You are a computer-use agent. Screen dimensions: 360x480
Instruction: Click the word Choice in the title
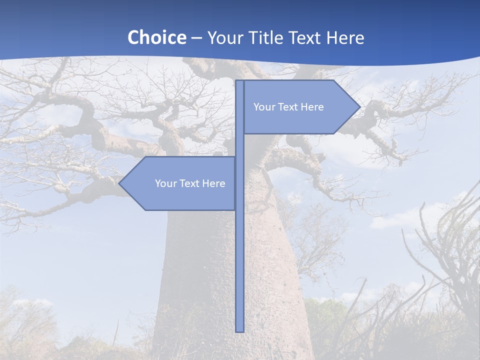[156, 37]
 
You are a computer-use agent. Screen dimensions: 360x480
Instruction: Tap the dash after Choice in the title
[196, 38]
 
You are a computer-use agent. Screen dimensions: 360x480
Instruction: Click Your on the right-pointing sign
[264, 107]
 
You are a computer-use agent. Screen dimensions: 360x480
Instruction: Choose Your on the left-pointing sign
[165, 183]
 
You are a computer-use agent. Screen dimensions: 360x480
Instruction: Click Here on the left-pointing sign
[214, 183]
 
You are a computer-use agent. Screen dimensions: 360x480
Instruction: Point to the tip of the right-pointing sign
[359, 107]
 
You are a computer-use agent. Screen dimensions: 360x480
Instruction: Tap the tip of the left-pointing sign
[120, 183]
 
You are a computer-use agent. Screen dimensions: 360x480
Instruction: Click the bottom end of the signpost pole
[239, 330]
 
